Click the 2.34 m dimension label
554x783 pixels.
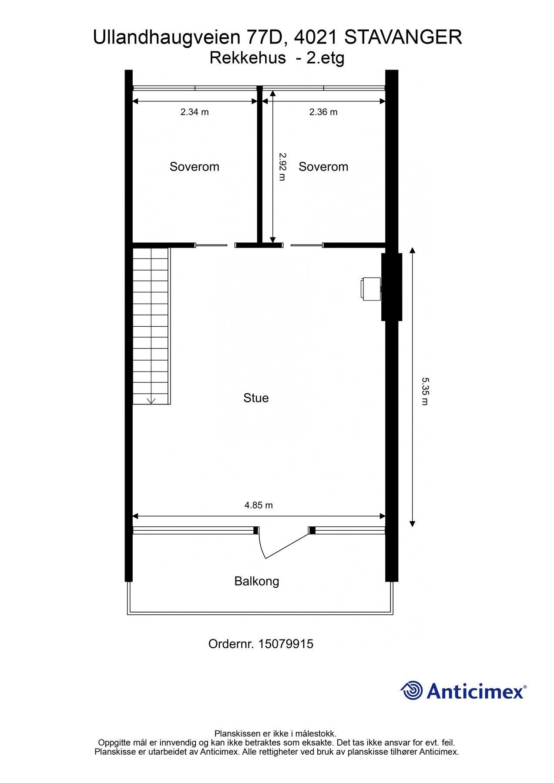[195, 112]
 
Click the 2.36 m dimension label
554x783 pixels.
[323, 112]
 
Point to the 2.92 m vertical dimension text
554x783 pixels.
[282, 167]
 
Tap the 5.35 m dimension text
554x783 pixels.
[425, 391]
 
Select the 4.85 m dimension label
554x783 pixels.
[259, 505]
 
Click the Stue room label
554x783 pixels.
[256, 398]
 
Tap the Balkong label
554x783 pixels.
[257, 581]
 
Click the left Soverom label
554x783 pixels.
[195, 167]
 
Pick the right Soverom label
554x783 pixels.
[323, 167]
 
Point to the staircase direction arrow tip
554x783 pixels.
[151, 402]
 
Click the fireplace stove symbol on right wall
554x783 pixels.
[370, 288]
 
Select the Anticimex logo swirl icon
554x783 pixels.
[412, 690]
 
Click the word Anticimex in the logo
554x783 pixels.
[475, 691]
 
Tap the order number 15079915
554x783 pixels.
[285, 644]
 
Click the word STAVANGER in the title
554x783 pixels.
[403, 37]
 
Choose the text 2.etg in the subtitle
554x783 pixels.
[325, 58]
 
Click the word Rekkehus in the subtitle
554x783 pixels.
[248, 58]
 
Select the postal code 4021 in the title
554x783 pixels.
[316, 37]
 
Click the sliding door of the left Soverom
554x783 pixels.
[211, 245]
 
